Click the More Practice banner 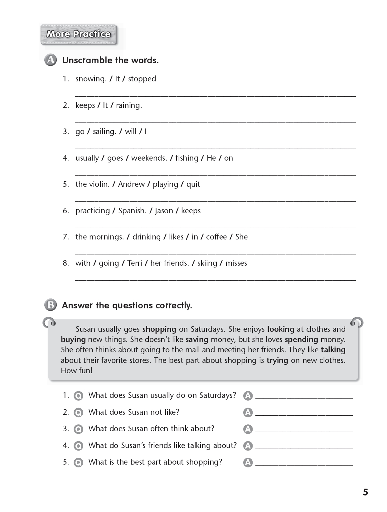pos(79,34)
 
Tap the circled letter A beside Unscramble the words pos(51,60)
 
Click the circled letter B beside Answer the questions pos(51,305)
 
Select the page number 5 pos(365,492)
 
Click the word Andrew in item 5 pos(131,184)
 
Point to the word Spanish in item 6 pos(132,211)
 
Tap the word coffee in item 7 pos(216,237)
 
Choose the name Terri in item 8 pos(135,263)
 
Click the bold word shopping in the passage pos(159,329)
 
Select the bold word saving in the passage pos(197,340)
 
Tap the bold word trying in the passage pos(277,360)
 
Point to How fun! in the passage pos(77,371)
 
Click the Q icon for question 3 pos(78,429)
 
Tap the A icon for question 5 pos(248,462)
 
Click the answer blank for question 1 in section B pos(304,397)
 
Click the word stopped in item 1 pos(142,79)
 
